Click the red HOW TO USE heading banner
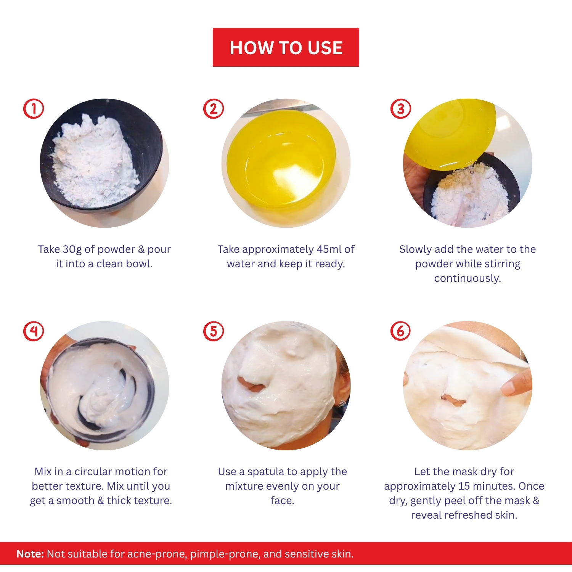(286, 47)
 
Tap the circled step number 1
(34, 109)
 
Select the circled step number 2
(214, 109)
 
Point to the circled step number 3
(401, 109)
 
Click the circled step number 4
(34, 331)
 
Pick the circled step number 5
(214, 331)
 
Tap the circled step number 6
(401, 331)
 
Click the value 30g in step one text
(72, 250)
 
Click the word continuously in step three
(468, 279)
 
